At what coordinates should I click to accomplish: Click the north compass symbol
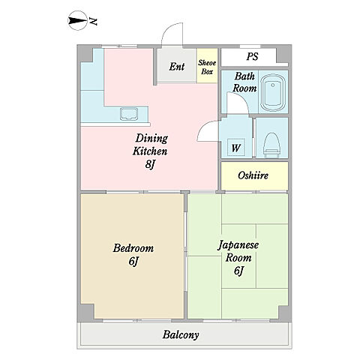(x=78, y=21)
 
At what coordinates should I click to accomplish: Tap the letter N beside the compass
(x=94, y=22)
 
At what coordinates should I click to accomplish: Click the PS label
(x=252, y=56)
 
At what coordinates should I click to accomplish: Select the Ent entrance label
(x=177, y=67)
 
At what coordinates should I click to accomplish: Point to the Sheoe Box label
(x=207, y=67)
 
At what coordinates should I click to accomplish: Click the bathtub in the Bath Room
(x=273, y=93)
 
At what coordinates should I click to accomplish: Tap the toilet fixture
(x=272, y=145)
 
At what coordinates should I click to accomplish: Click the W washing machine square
(x=235, y=148)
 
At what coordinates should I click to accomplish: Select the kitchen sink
(x=129, y=114)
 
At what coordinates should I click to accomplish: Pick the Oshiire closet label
(x=253, y=175)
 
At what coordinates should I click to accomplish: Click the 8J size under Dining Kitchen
(x=150, y=164)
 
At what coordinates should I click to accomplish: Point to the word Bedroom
(x=133, y=248)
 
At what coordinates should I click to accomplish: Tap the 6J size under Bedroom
(x=133, y=262)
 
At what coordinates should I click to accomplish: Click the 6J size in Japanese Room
(x=238, y=271)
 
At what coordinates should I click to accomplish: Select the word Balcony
(x=181, y=334)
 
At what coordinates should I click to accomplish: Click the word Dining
(x=151, y=138)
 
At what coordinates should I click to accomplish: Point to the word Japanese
(x=238, y=245)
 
